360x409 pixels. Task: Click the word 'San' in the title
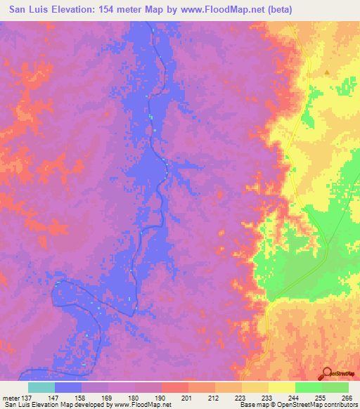(20, 10)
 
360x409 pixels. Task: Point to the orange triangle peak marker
(327, 72)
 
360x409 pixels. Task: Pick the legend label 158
(82, 398)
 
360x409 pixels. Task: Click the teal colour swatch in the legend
(41, 387)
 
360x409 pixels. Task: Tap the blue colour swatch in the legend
(68, 387)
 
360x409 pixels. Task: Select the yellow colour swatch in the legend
(282, 387)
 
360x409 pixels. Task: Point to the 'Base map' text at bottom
(254, 405)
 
